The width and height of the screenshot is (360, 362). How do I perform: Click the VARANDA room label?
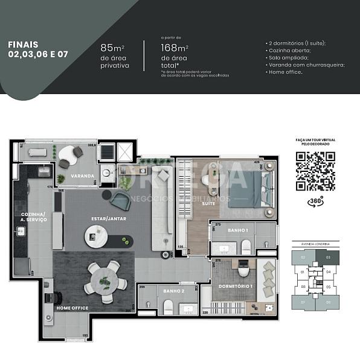click(82, 176)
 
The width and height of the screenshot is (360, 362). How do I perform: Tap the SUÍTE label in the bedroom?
click(209, 204)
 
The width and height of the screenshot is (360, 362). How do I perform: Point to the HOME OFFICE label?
click(72, 308)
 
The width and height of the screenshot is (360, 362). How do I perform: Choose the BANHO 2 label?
click(173, 291)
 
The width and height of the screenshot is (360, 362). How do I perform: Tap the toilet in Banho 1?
click(246, 246)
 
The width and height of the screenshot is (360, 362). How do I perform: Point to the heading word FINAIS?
click(23, 44)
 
